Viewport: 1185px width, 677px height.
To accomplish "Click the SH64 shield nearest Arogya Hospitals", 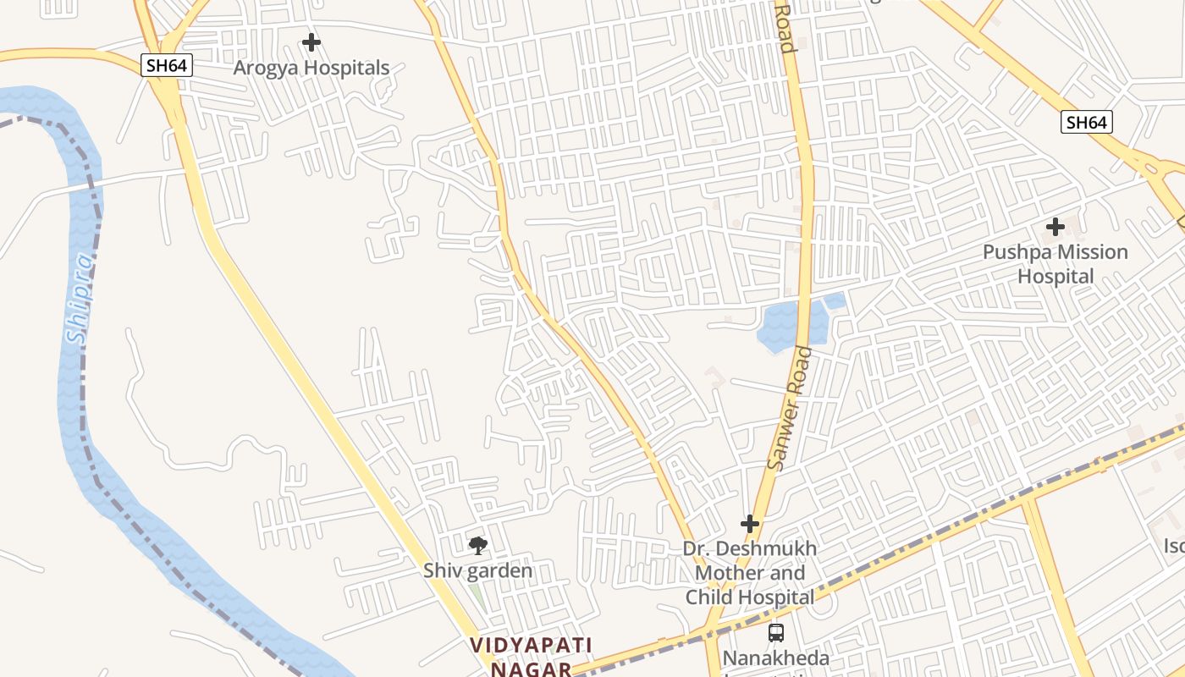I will pyautogui.click(x=167, y=65).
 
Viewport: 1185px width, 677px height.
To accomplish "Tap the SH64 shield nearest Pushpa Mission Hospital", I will pyautogui.click(x=1086, y=122).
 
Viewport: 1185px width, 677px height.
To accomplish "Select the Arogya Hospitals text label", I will pyautogui.click(x=311, y=68).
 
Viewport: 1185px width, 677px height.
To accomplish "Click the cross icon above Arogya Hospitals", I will pyautogui.click(x=311, y=41).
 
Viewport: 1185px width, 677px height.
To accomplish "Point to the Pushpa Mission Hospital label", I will pyautogui.click(x=1055, y=264).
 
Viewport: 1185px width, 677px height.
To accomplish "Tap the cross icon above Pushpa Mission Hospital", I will pyautogui.click(x=1055, y=227).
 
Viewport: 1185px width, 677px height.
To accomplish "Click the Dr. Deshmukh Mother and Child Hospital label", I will pyautogui.click(x=750, y=573).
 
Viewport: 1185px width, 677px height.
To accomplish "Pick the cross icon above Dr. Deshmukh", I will pyautogui.click(x=749, y=525).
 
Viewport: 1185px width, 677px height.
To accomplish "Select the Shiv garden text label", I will pyautogui.click(x=478, y=570).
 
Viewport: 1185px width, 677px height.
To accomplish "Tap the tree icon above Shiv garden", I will pyautogui.click(x=478, y=546).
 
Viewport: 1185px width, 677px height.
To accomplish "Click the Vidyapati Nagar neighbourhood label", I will pyautogui.click(x=532, y=657).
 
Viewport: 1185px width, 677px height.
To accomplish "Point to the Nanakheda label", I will pyautogui.click(x=775, y=658).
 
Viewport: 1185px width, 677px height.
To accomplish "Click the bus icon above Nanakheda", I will pyautogui.click(x=775, y=632).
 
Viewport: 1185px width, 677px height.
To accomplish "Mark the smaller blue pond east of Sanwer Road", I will pyautogui.click(x=835, y=300).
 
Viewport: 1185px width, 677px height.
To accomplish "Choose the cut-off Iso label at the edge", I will pyautogui.click(x=1174, y=547).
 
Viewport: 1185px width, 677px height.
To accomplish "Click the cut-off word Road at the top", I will pyautogui.click(x=785, y=27).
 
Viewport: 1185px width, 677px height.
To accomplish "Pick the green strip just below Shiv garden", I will pyautogui.click(x=478, y=594).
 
